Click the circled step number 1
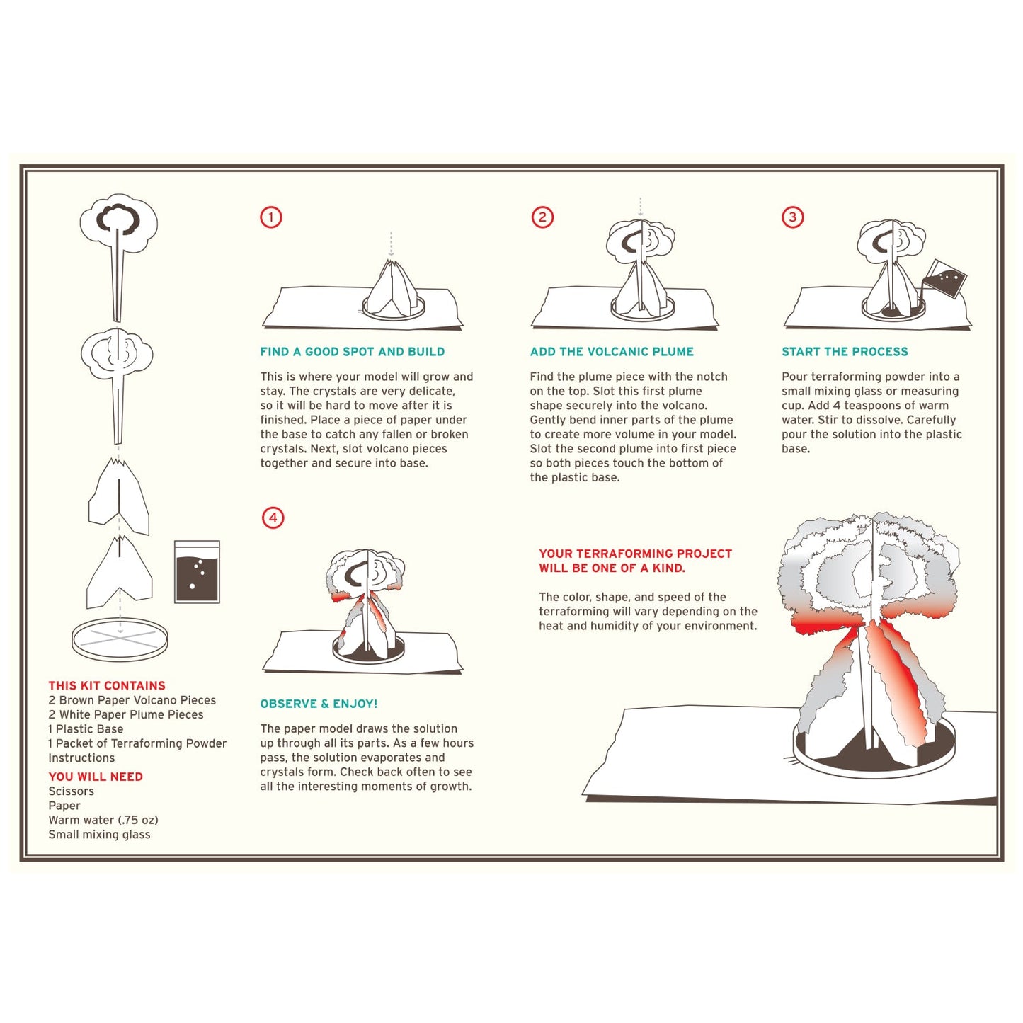(x=271, y=217)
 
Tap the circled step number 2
(x=542, y=217)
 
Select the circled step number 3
(x=792, y=217)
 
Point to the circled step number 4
(x=273, y=518)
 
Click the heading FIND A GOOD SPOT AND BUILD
(x=352, y=352)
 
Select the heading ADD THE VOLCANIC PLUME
(x=612, y=352)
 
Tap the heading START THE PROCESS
(x=845, y=352)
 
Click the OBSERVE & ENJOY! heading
(x=319, y=704)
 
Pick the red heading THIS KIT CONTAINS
(x=107, y=685)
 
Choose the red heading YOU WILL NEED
(x=96, y=777)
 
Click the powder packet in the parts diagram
(x=197, y=572)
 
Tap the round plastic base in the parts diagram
(x=120, y=639)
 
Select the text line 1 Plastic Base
(x=86, y=729)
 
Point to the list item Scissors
(x=71, y=791)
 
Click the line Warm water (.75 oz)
(x=103, y=821)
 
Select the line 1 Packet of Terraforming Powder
(x=137, y=743)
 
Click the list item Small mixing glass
(x=99, y=835)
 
